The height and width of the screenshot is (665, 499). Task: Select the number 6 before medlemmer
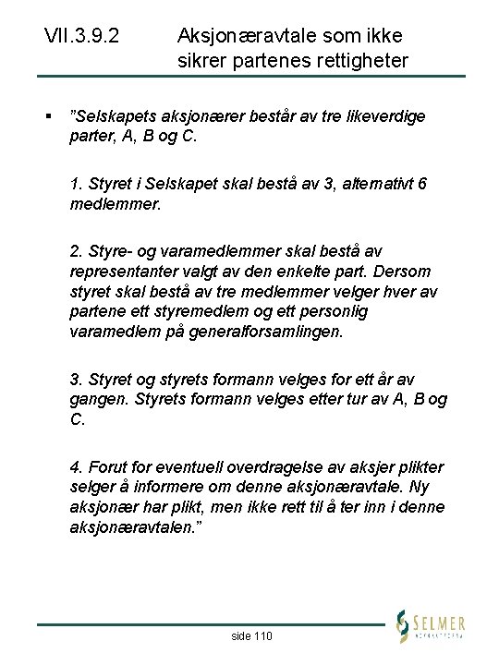click(x=422, y=184)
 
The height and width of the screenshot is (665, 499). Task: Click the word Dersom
click(x=407, y=272)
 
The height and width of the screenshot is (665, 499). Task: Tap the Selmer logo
click(x=430, y=625)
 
